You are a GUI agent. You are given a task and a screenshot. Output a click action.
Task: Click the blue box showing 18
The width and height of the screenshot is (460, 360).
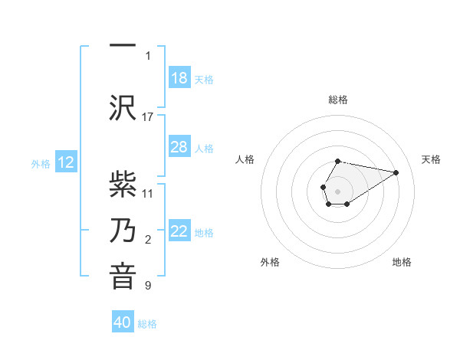coord(179,78)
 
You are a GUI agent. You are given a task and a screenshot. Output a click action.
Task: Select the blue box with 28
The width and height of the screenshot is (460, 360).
coord(179,147)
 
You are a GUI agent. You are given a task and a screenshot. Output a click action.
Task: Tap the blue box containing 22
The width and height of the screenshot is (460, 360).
coord(179,231)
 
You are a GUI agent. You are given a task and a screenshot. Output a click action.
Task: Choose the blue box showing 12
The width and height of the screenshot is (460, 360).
coord(66,162)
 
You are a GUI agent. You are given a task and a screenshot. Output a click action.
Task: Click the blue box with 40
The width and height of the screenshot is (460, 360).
coord(123,323)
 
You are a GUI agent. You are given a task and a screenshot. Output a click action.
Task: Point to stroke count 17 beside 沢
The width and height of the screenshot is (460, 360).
coord(148,116)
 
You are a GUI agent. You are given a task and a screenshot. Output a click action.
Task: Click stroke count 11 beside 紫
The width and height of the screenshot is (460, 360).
coord(148,193)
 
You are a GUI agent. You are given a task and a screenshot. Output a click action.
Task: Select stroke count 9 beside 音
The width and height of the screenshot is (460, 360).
coord(148,286)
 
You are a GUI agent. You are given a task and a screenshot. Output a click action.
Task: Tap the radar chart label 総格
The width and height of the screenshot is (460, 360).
coord(338,100)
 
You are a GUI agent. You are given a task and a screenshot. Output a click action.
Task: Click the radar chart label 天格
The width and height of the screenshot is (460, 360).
coord(432,159)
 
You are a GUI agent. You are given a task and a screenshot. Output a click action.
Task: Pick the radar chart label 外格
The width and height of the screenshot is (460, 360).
coord(269,262)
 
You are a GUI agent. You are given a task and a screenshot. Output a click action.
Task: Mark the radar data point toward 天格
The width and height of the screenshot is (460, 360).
coord(396,172)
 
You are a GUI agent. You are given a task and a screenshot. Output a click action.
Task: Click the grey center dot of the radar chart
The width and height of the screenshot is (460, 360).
coord(337,190)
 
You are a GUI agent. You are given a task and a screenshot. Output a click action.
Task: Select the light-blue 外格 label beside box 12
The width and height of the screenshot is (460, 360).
coord(41,163)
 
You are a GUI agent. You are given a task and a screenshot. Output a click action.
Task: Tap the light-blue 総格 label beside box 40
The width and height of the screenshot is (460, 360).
coord(147,324)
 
